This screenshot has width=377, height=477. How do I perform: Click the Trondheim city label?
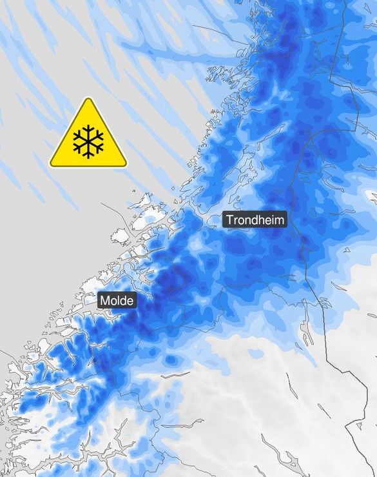[x=255, y=219]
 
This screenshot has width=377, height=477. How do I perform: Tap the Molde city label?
[x=117, y=301]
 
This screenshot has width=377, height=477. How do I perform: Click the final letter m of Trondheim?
[x=278, y=220]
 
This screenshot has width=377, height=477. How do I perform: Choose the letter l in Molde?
[x=119, y=301]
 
